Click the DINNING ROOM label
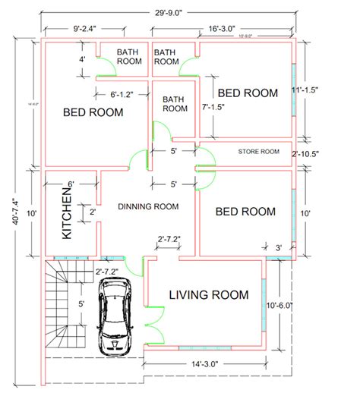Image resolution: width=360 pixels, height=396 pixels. [148, 206]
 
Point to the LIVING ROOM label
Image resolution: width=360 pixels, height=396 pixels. [209, 295]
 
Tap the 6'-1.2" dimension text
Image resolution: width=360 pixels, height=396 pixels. [111, 96]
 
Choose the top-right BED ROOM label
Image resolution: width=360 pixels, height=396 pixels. [248, 93]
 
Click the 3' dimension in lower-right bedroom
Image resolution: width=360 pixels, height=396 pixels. [279, 247]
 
